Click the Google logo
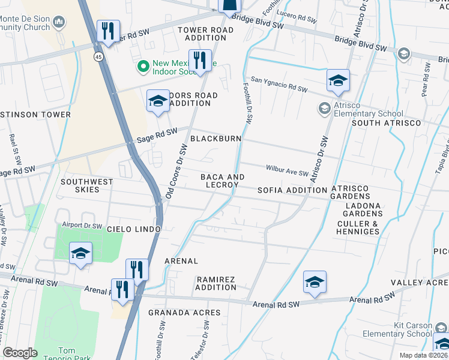click(20, 353)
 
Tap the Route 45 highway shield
click(97, 56)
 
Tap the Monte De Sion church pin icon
click(59, 23)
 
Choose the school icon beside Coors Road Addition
click(158, 100)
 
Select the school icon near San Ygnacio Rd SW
click(338, 80)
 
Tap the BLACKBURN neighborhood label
click(215, 139)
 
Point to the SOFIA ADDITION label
click(292, 190)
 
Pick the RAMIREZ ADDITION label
click(216, 283)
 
